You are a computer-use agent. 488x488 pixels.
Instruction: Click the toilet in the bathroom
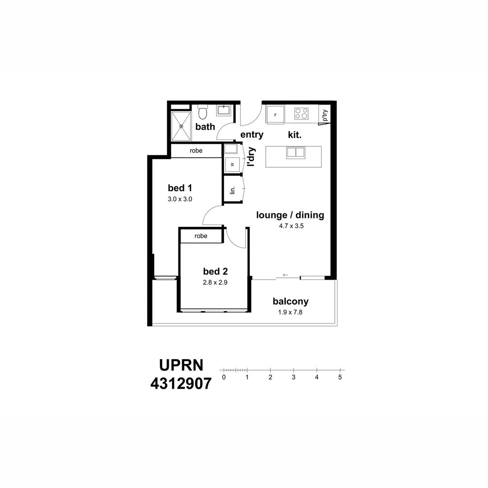coord(202,111)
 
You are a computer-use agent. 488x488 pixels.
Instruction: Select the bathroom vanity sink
coord(224,110)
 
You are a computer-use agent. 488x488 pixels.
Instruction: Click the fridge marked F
coord(275,114)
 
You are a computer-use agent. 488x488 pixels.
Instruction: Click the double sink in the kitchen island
coord(296,152)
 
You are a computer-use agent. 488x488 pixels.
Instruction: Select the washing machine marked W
coord(232,164)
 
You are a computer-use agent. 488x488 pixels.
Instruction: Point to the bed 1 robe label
coord(196,150)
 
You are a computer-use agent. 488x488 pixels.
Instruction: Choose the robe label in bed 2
coord(201,236)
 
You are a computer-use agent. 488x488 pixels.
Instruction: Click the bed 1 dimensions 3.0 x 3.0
coord(180,199)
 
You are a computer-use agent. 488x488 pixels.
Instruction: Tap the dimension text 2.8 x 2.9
coord(215,282)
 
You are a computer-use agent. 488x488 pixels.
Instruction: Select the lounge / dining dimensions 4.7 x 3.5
coord(291,226)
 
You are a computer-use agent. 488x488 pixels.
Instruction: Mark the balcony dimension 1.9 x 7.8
coord(290,312)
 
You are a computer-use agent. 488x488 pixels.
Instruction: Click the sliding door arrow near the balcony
coord(285,275)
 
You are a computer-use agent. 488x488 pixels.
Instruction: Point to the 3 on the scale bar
coord(294,377)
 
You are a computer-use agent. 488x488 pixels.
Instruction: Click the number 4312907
coord(181,384)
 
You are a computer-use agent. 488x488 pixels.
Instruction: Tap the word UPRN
coord(181,365)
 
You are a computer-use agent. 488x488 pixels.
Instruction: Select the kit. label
coord(295,135)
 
